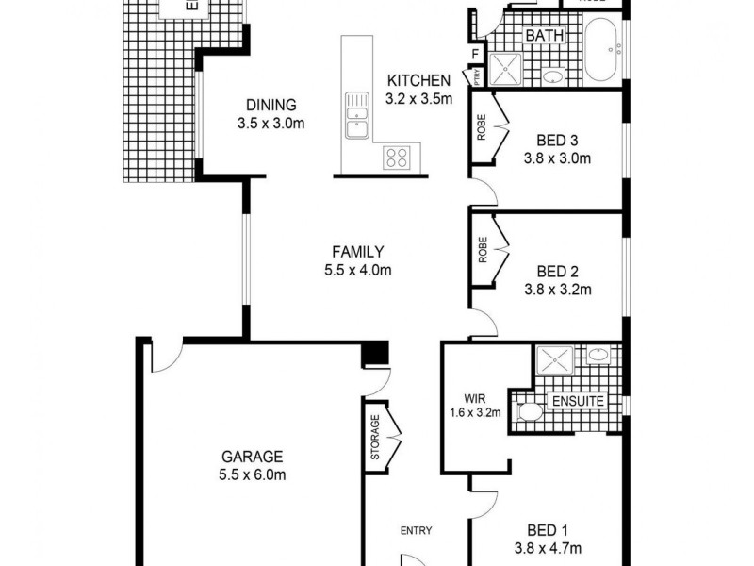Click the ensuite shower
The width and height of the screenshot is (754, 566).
coord(555,362)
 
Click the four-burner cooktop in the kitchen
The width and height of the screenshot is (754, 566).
coord(397,158)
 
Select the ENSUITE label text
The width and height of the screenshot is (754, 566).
coord(578,401)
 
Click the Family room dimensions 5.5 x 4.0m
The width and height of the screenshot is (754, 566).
coord(357,270)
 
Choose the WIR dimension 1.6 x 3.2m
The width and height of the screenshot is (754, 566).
coord(475,411)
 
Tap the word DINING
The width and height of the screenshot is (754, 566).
coord(271,105)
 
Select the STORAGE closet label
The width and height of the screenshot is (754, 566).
coord(374,439)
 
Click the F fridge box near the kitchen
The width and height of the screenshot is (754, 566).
coord(473,54)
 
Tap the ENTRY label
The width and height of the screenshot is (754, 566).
coord(416,530)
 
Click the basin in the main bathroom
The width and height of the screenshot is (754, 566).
coord(553,76)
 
